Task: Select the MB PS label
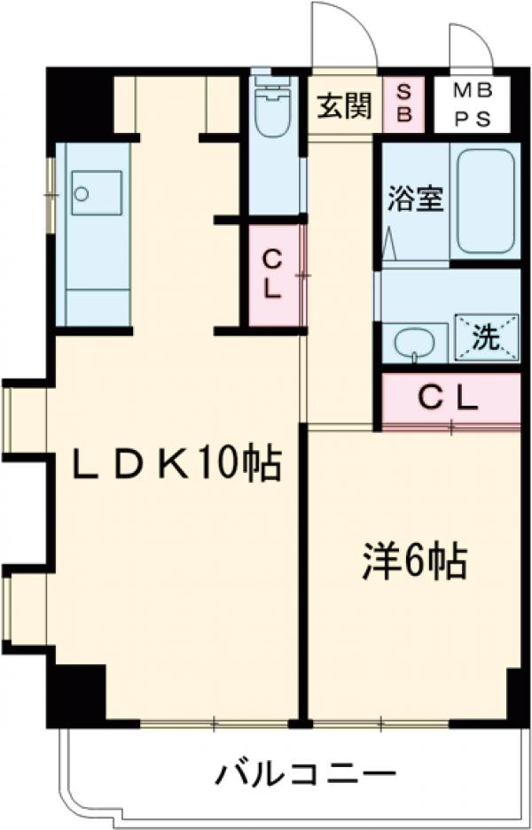point(473,105)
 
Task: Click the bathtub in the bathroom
point(484,200)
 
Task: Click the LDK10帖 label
point(177,464)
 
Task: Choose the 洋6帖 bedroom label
point(413,560)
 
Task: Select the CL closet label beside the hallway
point(273,274)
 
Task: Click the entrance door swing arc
point(342,35)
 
